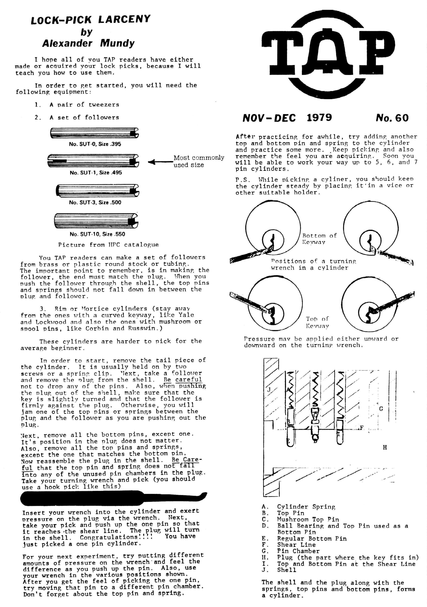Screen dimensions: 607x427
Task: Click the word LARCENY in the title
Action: click(x=124, y=19)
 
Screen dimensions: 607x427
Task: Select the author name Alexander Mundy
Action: click(x=88, y=43)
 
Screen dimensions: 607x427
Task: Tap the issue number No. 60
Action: click(x=392, y=118)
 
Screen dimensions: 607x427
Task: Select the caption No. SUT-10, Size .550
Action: click(x=97, y=234)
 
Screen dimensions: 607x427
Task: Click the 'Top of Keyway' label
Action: click(x=317, y=322)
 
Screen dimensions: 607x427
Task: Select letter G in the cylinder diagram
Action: click(x=381, y=409)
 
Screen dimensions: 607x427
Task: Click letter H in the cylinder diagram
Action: click(x=385, y=447)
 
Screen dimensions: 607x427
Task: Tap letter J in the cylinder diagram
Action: click(x=269, y=389)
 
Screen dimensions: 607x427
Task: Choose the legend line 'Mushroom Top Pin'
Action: click(x=308, y=519)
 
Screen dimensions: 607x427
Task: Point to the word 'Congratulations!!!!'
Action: click(x=116, y=537)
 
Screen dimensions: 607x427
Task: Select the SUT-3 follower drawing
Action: click(x=97, y=191)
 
